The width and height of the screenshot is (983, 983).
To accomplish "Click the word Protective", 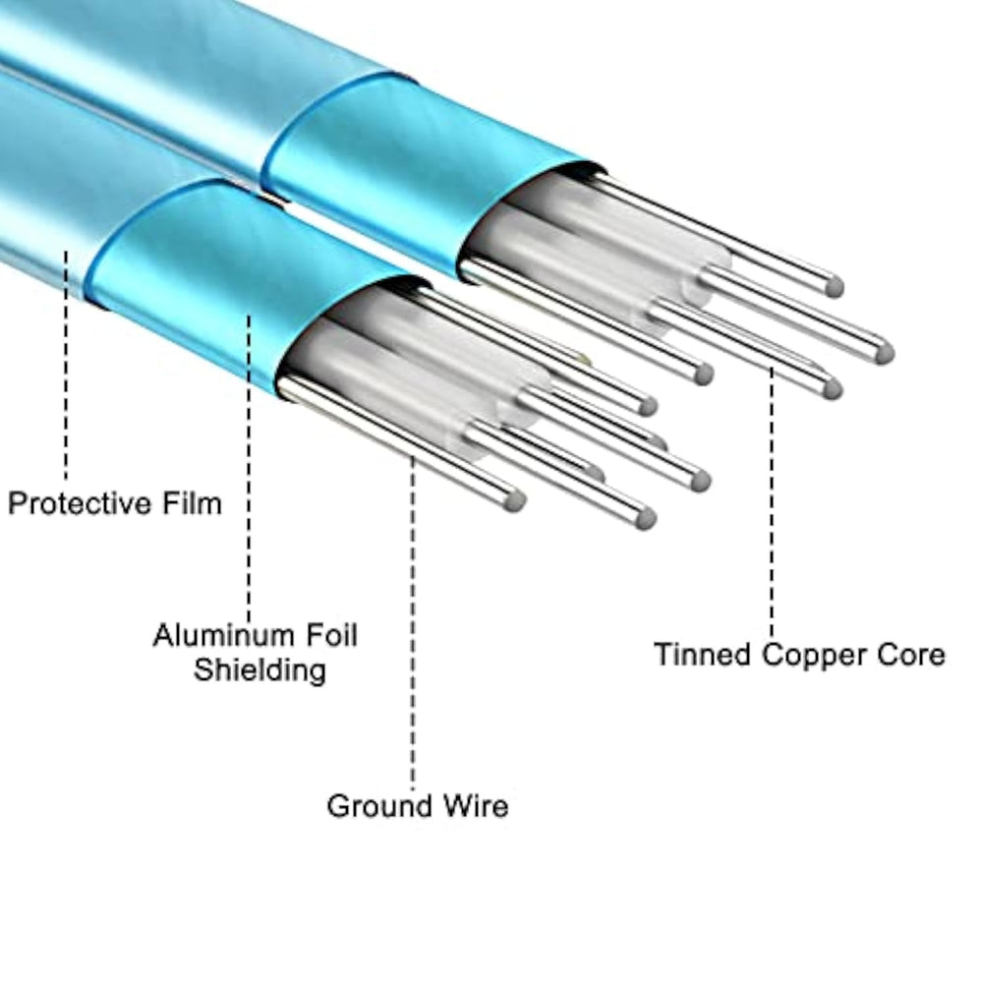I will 82,504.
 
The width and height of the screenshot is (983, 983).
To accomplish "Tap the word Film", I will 192,504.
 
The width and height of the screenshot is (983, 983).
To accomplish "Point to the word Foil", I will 329,635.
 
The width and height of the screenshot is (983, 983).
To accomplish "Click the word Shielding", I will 259,670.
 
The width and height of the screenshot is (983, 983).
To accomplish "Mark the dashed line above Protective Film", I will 67,364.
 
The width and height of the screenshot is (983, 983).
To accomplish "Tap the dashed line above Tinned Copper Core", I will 772,501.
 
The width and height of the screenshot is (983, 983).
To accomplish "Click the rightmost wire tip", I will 884,351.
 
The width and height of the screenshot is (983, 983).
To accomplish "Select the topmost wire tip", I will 834,287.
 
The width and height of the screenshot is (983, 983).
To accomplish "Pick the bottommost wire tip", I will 644,518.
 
